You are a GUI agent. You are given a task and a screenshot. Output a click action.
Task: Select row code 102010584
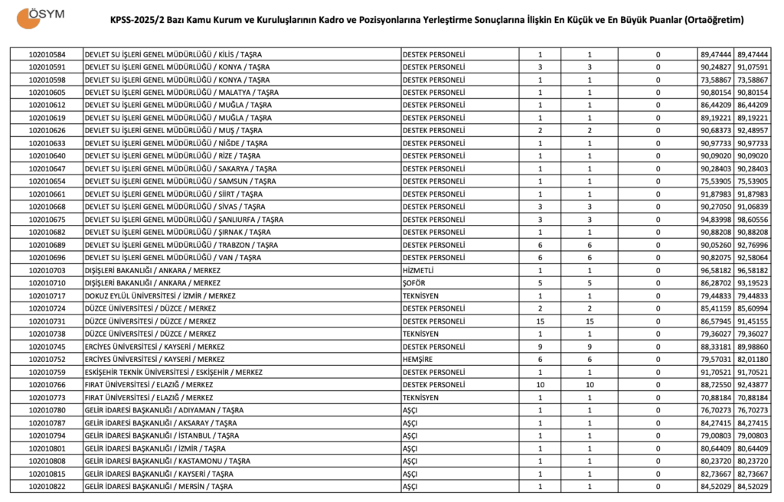(47, 54)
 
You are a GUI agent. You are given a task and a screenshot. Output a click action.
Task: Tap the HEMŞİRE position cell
(417, 360)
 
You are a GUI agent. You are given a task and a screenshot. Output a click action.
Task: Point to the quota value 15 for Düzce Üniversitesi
(541, 321)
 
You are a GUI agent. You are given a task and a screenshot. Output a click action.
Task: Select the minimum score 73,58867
(716, 80)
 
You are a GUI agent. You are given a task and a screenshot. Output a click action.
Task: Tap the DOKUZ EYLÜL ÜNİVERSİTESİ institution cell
(160, 296)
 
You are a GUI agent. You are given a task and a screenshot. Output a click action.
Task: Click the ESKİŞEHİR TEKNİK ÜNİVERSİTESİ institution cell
(173, 372)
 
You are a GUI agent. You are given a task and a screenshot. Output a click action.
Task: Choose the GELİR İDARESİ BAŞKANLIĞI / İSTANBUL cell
(162, 435)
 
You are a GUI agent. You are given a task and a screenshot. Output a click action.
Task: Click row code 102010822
(47, 487)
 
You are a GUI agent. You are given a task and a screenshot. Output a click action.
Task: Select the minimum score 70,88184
(716, 398)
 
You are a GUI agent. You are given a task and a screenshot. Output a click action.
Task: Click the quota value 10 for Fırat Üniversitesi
(541, 385)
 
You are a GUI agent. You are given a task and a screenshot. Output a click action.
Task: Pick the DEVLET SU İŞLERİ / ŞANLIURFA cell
(184, 220)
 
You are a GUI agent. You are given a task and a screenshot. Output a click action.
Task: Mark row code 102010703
(47, 270)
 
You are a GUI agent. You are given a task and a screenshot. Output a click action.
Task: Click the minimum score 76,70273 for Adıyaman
(716, 410)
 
